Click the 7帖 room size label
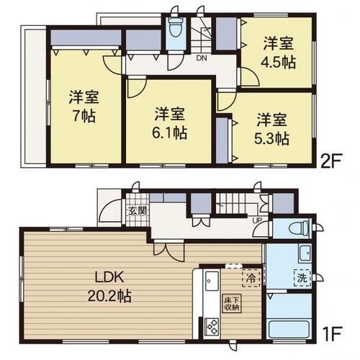[84, 116]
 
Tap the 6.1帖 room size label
[170, 132]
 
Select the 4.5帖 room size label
[279, 62]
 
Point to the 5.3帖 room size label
[271, 138]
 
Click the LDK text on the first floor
[109, 277]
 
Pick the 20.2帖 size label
[109, 296]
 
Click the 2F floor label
[331, 158]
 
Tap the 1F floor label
[333, 333]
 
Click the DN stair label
[202, 58]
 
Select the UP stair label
[256, 220]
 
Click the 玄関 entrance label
[138, 210]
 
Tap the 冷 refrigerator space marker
[251, 278]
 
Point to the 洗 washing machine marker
[302, 278]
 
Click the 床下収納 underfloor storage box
[232, 303]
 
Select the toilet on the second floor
[176, 27]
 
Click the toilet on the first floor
[300, 227]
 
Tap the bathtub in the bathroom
[289, 328]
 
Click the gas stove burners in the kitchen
[212, 326]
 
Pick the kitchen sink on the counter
[212, 281]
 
